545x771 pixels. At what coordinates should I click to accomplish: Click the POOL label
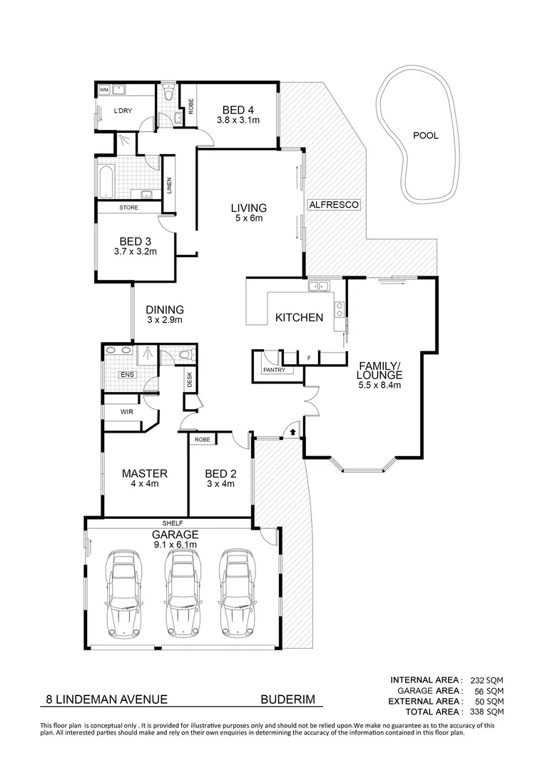pos(426,135)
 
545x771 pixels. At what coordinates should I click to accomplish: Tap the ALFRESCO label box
pos(333,205)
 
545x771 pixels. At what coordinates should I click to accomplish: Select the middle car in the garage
pos(180,593)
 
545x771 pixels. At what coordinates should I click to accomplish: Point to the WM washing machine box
pos(104,90)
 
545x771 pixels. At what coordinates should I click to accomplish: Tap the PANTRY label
pos(274,370)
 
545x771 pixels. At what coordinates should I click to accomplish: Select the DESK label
pos(190,381)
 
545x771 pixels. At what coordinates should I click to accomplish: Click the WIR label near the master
pos(126,412)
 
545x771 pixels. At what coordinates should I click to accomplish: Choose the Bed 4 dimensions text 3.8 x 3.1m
pos(238,121)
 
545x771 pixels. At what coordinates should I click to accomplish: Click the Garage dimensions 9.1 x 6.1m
pos(174,545)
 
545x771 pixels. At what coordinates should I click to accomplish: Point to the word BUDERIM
pos(287,701)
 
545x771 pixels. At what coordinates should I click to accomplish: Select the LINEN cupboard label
pos(170,185)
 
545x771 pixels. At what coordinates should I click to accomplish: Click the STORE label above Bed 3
pos(128,208)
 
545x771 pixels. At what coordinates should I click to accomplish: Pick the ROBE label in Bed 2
pos(203,440)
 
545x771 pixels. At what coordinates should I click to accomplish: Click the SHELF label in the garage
pos(172,523)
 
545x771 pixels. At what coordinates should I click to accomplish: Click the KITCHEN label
pos(300,318)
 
